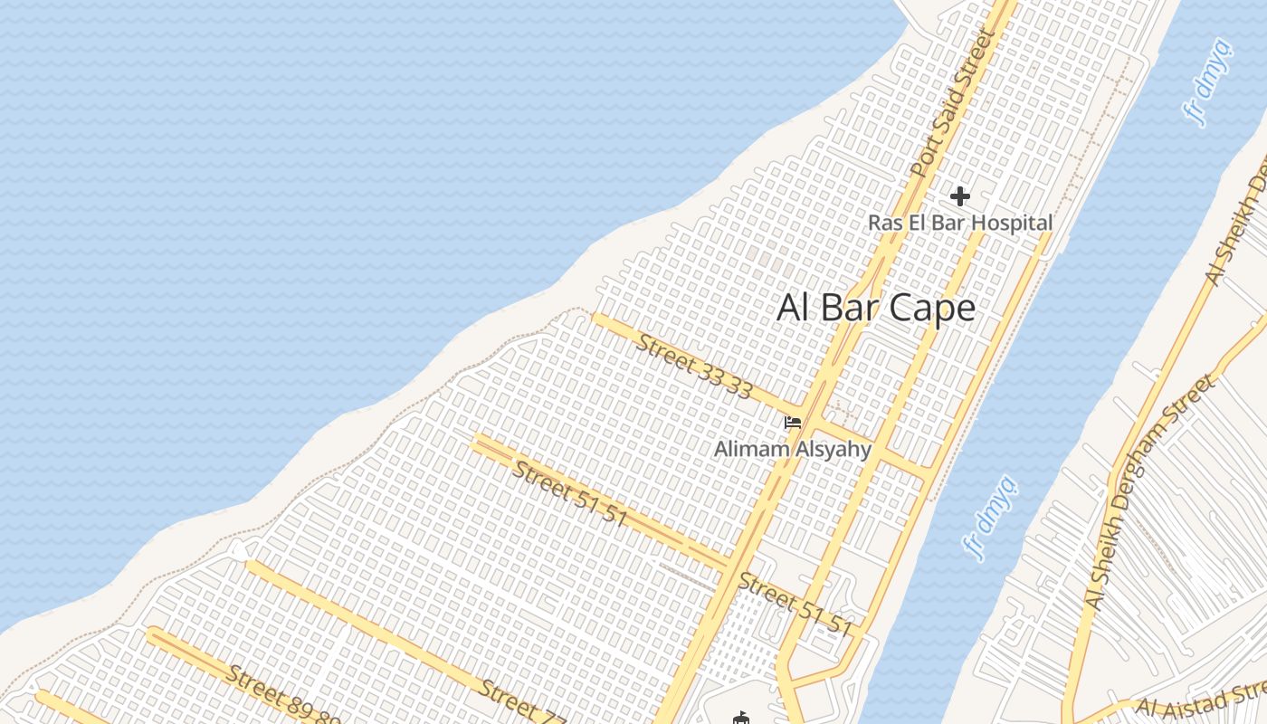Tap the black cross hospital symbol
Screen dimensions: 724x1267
click(960, 195)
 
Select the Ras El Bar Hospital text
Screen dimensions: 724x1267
click(960, 223)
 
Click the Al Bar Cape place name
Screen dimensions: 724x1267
click(876, 308)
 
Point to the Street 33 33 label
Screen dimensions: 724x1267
click(694, 366)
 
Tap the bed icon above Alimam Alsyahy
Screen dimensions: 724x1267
click(793, 422)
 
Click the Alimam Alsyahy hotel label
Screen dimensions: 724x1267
click(793, 449)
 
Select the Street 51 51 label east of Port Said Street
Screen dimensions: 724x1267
click(795, 604)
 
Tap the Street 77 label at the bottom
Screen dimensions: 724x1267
click(522, 704)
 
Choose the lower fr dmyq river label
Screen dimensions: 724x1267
click(991, 518)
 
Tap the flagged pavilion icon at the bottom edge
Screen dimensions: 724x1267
click(741, 719)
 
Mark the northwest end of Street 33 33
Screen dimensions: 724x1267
click(597, 318)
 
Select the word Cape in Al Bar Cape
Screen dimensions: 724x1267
click(931, 308)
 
